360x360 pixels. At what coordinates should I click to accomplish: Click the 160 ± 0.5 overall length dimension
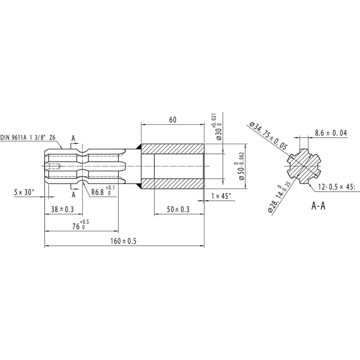click(123, 241)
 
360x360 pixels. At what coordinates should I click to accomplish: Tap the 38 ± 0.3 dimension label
click(62, 209)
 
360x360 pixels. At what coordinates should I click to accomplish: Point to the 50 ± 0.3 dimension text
click(178, 209)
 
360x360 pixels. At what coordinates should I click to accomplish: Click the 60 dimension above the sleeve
click(173, 120)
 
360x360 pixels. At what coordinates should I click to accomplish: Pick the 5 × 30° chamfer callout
click(24, 192)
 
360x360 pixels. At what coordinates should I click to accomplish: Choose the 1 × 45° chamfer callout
click(221, 196)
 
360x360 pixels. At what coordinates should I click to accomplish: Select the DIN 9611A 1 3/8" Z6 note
click(28, 138)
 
